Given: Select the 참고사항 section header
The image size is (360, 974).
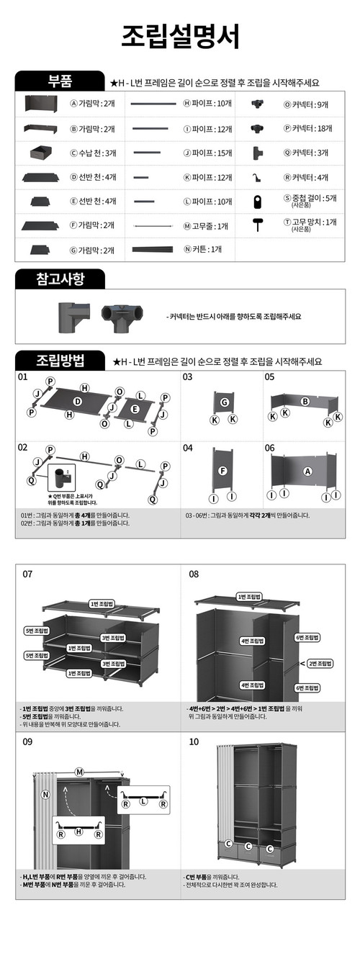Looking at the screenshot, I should point(60,279).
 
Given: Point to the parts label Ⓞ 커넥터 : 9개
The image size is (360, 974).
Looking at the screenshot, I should point(306,104).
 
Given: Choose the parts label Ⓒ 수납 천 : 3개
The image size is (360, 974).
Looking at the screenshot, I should point(92,153).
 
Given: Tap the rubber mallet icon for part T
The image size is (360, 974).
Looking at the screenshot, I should point(258,225).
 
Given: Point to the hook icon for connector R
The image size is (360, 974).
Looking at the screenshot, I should point(256,177).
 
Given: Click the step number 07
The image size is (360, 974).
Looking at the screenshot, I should point(27,574).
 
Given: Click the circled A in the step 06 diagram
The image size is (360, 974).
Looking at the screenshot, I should point(307,472).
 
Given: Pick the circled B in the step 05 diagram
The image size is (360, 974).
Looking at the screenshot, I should point(305,401).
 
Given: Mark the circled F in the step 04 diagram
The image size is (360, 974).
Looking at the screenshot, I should point(223,472).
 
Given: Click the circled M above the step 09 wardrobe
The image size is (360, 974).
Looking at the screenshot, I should point(79,772).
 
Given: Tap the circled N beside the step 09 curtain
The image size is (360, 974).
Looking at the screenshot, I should point(45,795).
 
